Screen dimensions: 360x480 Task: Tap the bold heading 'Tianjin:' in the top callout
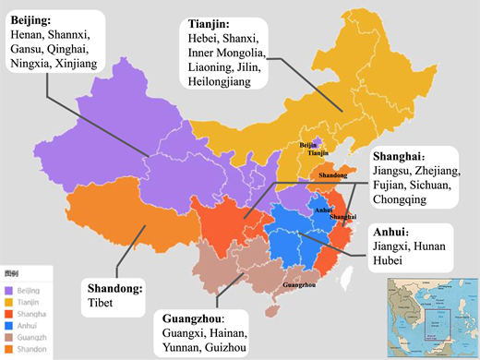pyautogui.click(x=211, y=21)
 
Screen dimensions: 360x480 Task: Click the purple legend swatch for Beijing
pyautogui.click(x=8, y=289)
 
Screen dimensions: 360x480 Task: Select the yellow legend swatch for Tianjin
pyautogui.click(x=8, y=301)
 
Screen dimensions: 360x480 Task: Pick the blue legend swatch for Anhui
pyautogui.click(x=8, y=326)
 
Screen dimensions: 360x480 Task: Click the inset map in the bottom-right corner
pyautogui.click(x=430, y=315)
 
